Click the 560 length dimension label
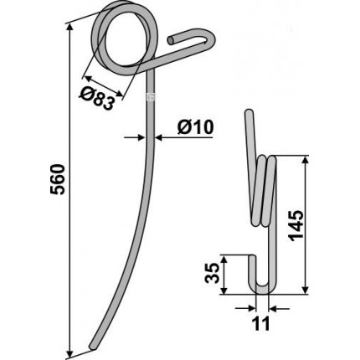pyautogui.click(x=58, y=179)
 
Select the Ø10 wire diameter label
pyautogui.click(x=195, y=127)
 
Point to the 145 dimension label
pyautogui.click(x=296, y=226)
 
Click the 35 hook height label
pyautogui.click(x=212, y=274)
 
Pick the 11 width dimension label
pyautogui.click(x=261, y=324)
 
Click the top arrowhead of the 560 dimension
pyautogui.click(x=69, y=28)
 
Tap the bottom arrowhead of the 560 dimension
pyautogui.click(x=69, y=353)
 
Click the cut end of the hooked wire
pyautogui.click(x=171, y=40)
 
